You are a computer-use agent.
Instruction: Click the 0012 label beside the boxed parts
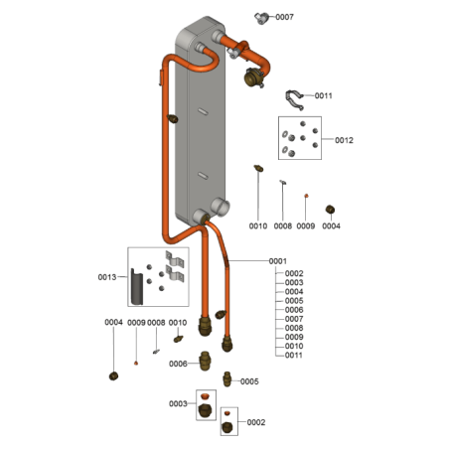click(344, 140)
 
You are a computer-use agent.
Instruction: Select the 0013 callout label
click(107, 277)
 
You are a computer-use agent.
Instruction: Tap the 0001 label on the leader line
click(277, 261)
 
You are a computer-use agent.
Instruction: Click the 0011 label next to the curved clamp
click(323, 95)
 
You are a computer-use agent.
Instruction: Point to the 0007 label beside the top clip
click(284, 17)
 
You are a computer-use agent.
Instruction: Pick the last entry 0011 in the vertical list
click(294, 356)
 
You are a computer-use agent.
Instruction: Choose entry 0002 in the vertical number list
click(294, 273)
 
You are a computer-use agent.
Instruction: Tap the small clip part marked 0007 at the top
click(261, 18)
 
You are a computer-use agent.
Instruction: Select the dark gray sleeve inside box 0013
click(136, 287)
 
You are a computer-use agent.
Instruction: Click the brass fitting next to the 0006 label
click(205, 361)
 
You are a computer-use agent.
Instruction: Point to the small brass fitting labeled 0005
click(226, 379)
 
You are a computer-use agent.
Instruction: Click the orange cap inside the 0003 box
click(206, 396)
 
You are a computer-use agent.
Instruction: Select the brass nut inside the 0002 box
click(226, 427)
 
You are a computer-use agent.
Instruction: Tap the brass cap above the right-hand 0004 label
click(330, 210)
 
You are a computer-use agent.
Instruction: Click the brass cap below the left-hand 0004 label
click(113, 376)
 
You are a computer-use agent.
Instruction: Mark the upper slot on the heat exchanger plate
click(203, 111)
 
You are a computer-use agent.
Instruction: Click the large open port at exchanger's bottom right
click(220, 207)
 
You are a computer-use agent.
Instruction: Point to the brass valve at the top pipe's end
click(253, 77)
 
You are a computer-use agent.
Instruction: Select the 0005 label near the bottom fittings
click(249, 381)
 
